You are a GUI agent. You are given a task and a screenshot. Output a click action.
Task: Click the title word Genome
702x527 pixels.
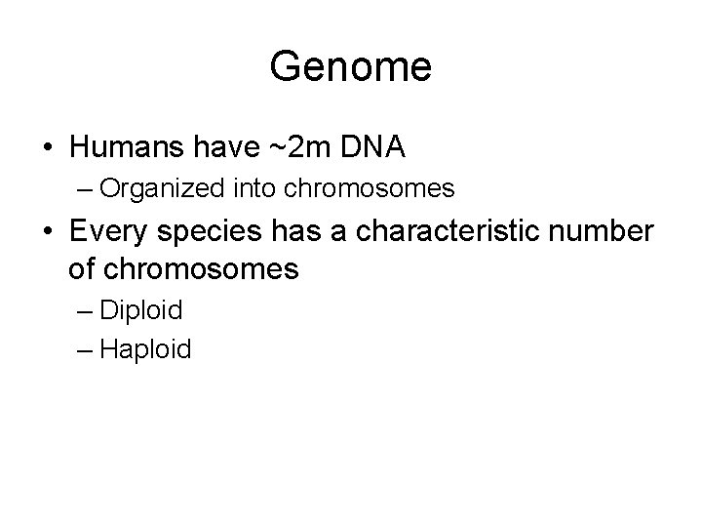(351, 67)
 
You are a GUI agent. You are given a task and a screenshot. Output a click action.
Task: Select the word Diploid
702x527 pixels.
(140, 311)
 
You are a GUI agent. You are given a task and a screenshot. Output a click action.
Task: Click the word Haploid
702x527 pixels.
(145, 349)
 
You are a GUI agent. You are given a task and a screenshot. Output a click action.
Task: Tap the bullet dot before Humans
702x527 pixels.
(48, 147)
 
